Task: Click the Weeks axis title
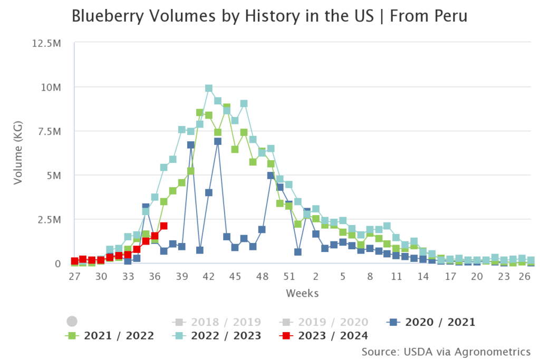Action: click(302, 293)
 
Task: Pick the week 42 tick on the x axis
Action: click(208, 276)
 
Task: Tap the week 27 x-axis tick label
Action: click(74, 276)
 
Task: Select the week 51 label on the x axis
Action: click(289, 276)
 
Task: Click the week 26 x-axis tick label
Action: click(525, 276)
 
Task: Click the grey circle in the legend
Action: click(72, 322)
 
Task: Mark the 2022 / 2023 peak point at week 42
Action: click(209, 89)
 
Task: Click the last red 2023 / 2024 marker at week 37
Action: click(163, 226)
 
